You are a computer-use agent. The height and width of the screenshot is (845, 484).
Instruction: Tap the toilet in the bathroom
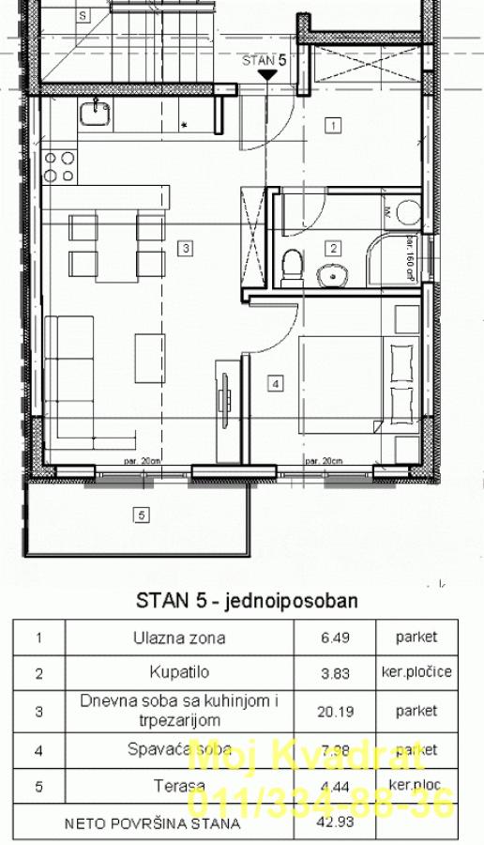pyautogui.click(x=292, y=266)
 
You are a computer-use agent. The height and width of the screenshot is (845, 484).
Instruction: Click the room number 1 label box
pyautogui.click(x=332, y=124)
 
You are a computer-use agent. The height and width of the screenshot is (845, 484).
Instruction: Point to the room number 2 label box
pyautogui.click(x=332, y=249)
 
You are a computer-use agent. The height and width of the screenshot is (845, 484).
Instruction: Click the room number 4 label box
pyautogui.click(x=275, y=382)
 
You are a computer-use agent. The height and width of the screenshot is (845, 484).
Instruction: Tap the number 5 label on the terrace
pyautogui.click(x=142, y=515)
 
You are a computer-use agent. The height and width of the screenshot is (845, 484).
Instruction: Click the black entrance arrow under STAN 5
pyautogui.click(x=267, y=73)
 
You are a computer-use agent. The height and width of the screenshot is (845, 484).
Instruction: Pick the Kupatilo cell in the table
pyautogui.click(x=178, y=673)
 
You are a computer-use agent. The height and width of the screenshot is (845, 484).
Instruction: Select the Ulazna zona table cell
pyautogui.click(x=178, y=638)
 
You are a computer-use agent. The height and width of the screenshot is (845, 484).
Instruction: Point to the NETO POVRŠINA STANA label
pyautogui.click(x=152, y=823)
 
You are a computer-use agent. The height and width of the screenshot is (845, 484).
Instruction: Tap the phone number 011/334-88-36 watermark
pyautogui.click(x=322, y=804)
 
